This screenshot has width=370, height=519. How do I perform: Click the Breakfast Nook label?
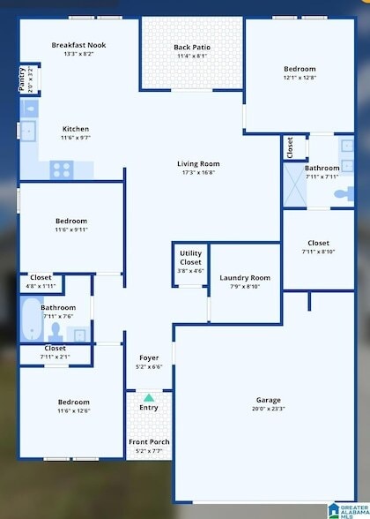pyautogui.click(x=78, y=44)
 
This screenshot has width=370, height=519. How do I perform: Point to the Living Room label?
pyautogui.click(x=198, y=163)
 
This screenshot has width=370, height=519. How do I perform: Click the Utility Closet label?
pyautogui.click(x=190, y=259)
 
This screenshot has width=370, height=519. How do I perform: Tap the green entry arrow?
pyautogui.click(x=148, y=398)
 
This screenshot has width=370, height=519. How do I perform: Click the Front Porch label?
pyautogui.click(x=149, y=441)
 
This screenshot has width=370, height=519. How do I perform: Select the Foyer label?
pyautogui.click(x=148, y=357)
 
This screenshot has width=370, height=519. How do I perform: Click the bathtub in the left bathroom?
pyautogui.click(x=32, y=320)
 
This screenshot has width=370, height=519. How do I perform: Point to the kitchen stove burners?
pyautogui.click(x=61, y=168)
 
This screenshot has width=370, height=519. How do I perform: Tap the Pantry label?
pyautogui.click(x=22, y=79)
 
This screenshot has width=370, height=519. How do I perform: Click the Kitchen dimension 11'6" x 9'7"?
pyautogui.click(x=75, y=138)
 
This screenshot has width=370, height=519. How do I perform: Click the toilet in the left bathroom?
pyautogui.click(x=55, y=333)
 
